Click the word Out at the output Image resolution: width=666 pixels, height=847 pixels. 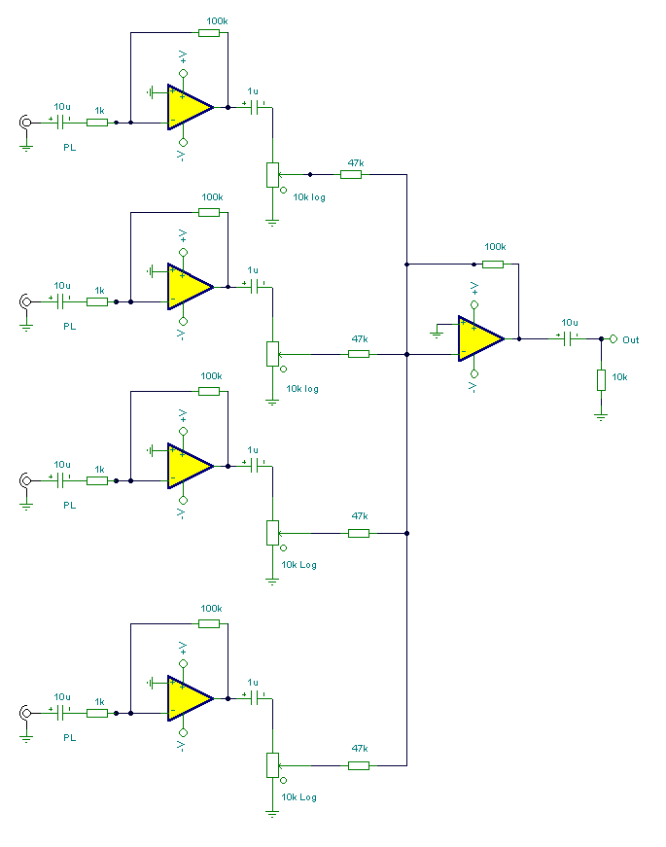[x=631, y=339]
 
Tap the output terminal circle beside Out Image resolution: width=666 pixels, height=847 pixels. [x=613, y=338]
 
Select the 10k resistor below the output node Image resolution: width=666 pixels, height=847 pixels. [x=601, y=379]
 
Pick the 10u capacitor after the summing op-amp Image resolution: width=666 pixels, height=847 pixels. [x=569, y=338]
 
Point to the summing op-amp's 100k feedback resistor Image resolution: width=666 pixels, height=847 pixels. [x=493, y=264]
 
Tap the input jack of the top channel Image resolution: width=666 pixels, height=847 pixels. [x=25, y=123]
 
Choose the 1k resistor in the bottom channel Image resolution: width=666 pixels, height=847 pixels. [x=97, y=713]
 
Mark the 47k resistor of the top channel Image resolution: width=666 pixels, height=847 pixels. [x=351, y=175]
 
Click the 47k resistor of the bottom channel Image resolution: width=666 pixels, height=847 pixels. [x=359, y=765]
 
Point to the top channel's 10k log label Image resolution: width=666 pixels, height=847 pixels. [x=309, y=196]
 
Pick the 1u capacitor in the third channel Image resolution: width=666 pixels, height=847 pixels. [x=258, y=466]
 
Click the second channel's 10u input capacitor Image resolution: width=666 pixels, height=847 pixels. [x=63, y=301]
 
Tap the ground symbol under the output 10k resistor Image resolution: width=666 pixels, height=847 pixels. [x=601, y=414]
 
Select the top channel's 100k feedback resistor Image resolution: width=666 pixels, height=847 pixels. [x=209, y=33]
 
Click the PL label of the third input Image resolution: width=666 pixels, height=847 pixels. [x=69, y=505]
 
